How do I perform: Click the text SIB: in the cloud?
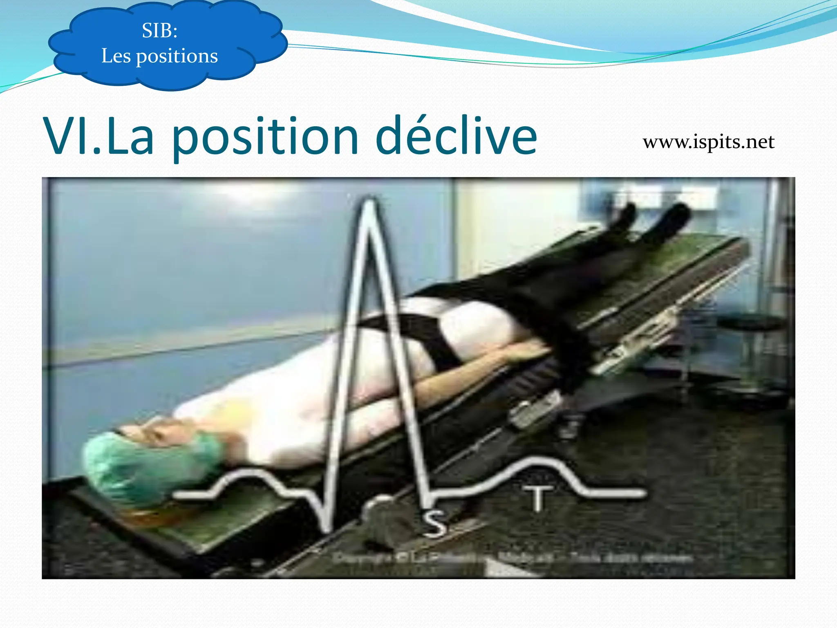pos(160,31)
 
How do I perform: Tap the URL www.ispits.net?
pos(708,142)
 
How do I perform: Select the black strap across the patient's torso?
pos(429,339)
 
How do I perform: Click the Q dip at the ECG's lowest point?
pos(327,527)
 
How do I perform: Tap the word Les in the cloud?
pos(116,56)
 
